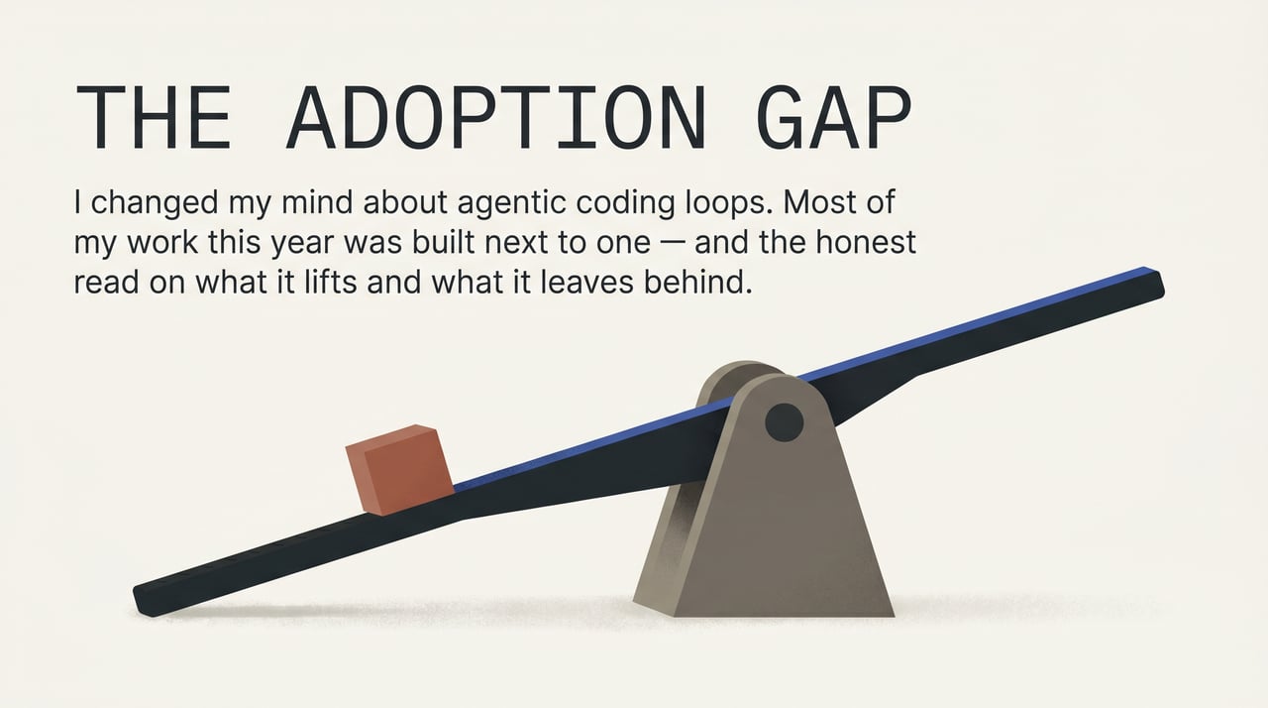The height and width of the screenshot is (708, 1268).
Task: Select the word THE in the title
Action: (155, 119)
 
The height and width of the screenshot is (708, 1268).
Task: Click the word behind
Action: (704, 282)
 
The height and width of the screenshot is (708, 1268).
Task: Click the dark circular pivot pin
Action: (784, 423)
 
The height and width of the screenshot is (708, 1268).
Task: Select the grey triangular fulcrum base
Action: (773, 535)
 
